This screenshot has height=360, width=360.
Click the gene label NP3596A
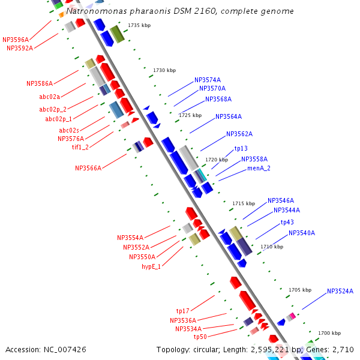tap(16, 40)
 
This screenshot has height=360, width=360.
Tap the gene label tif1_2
tap(80, 147)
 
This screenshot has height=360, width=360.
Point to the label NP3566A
tap(88, 169)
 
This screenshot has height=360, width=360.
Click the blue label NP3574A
tap(208, 80)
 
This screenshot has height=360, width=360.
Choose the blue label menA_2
tap(259, 169)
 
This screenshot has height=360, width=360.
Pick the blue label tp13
tap(241, 148)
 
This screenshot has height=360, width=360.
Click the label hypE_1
tap(151, 266)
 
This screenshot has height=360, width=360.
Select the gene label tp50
tap(200, 337)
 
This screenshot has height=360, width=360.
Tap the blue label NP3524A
tap(340, 292)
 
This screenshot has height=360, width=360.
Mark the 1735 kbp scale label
tap(139, 25)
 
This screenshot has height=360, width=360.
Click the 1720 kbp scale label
tap(217, 160)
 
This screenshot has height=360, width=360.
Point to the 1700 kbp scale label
tap(329, 333)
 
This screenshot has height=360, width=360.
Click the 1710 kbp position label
tap(272, 247)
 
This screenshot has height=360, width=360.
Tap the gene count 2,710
tap(342, 349)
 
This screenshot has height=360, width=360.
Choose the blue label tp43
tap(287, 222)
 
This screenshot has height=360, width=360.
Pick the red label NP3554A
tap(130, 238)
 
